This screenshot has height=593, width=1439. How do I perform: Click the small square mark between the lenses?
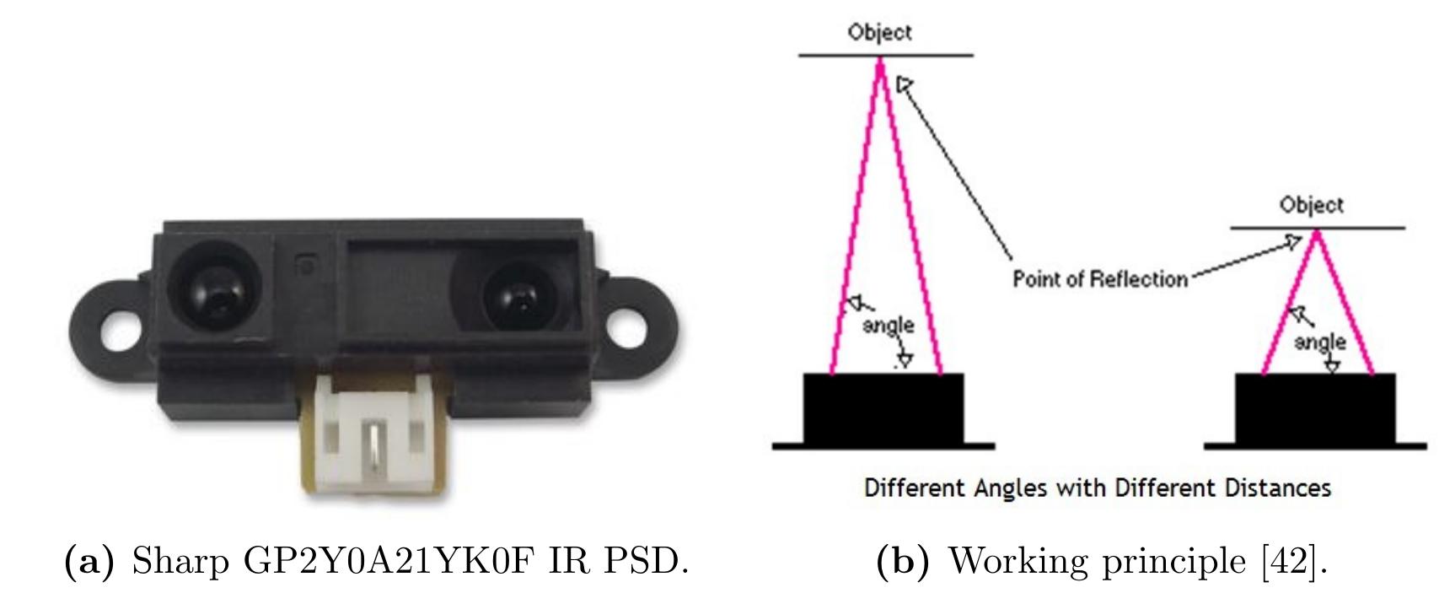307,265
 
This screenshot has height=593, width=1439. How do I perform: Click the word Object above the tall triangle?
879,32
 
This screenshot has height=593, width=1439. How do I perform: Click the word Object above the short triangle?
1312,205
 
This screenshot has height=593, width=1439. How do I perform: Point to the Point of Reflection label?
1100,278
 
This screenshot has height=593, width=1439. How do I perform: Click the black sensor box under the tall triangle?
883,410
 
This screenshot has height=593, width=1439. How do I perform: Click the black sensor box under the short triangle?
1314,410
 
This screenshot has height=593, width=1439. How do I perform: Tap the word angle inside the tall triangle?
889,325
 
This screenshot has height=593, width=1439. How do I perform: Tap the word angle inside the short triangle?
1319,342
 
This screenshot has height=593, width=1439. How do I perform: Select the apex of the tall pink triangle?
880,61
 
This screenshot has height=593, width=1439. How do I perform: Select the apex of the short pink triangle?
1316,234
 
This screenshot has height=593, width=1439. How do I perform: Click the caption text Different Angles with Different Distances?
1097,488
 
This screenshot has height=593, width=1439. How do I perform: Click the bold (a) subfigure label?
89,561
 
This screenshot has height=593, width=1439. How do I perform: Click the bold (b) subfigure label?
907,561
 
